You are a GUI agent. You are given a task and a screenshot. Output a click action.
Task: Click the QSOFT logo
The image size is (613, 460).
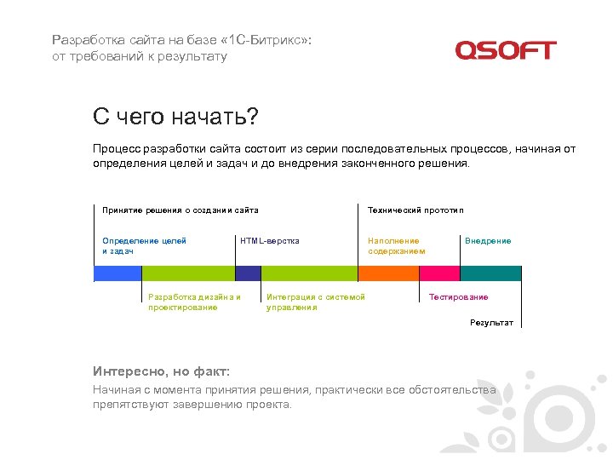(505, 50)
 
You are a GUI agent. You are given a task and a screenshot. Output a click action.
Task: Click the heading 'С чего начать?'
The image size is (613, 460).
(175, 116)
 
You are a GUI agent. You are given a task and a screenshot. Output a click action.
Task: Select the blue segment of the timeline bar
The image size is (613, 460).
(117, 273)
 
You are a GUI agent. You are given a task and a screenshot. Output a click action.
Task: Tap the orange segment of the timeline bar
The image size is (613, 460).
(388, 273)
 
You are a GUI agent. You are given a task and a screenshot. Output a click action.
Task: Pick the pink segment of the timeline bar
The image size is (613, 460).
(439, 273)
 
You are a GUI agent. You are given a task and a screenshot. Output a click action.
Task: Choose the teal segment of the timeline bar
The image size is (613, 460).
(490, 273)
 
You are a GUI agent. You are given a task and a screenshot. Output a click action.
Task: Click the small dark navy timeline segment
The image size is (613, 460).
(248, 273)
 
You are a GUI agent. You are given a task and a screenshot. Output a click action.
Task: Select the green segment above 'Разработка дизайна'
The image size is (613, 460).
(187, 273)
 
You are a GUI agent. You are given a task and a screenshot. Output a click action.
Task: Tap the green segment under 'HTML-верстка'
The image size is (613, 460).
(309, 273)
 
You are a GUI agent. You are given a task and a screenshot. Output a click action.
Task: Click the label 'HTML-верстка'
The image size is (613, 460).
(270, 241)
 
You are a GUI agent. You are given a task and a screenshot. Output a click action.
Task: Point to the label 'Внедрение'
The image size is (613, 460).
(488, 241)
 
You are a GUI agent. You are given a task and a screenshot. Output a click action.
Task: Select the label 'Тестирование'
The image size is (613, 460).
(458, 297)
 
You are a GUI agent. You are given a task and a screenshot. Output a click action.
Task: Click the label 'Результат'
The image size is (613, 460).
(491, 323)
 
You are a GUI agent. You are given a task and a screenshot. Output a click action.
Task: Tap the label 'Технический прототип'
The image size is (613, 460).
(415, 210)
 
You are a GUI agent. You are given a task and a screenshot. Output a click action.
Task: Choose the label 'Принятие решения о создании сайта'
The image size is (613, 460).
(180, 210)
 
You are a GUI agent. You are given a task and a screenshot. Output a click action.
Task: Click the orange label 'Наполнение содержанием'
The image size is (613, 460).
(396, 246)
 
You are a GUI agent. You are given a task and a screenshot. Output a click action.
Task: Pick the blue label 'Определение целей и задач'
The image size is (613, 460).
(144, 246)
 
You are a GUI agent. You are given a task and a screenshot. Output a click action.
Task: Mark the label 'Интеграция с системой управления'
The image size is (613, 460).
(315, 302)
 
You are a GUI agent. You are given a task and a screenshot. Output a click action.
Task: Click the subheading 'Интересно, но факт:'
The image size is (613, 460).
(161, 371)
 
